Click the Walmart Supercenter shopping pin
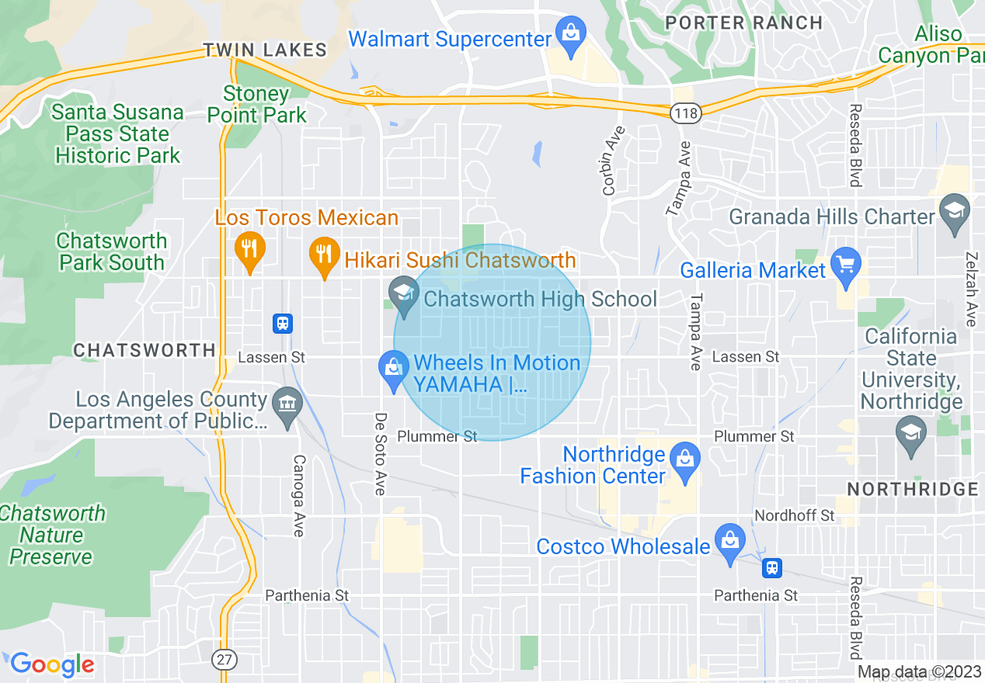[x=571, y=36]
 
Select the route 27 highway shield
[x=224, y=659]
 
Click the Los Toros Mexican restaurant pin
[x=249, y=251]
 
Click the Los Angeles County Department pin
[x=287, y=405]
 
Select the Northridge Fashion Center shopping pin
[x=684, y=459]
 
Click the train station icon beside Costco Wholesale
[x=771, y=567]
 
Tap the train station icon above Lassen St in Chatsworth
[x=283, y=323]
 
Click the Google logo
[x=52, y=664]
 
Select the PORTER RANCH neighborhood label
[x=744, y=23]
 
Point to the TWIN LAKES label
[x=265, y=50]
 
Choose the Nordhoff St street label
[x=794, y=515]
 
